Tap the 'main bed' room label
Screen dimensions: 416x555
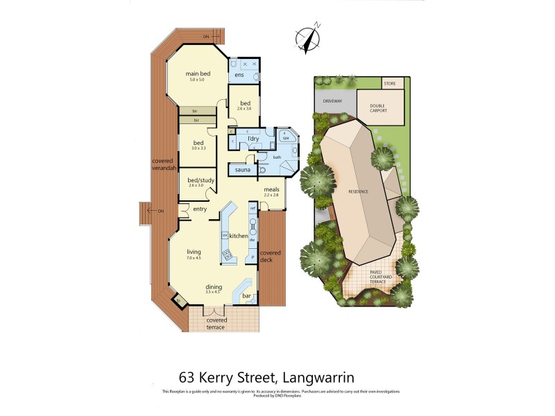coord(198,73)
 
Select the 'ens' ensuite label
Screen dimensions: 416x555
coord(239,75)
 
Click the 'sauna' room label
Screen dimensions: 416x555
coord(243,169)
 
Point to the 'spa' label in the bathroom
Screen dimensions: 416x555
coord(285,138)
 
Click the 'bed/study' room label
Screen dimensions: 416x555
coord(200,180)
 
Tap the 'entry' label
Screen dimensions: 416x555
coord(200,209)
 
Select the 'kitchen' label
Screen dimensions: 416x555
coord(239,236)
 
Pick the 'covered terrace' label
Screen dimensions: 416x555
coord(216,323)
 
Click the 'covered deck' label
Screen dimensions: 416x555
coord(271,257)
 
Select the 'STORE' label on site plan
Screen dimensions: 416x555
coord(391,84)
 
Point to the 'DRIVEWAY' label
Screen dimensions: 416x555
coord(332,101)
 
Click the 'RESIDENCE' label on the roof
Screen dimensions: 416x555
coord(358,191)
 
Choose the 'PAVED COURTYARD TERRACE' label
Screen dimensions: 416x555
coord(380,277)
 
